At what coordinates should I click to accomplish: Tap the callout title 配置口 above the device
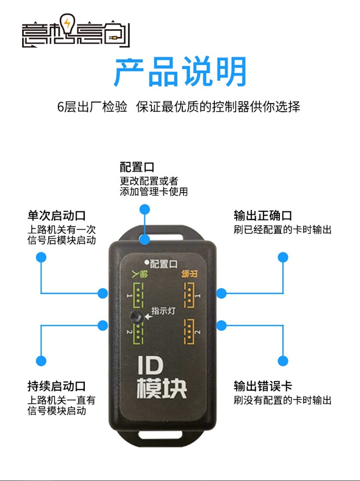coord(137,167)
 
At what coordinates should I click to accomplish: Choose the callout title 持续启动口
coord(56,386)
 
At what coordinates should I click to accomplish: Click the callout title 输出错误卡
coord(263,386)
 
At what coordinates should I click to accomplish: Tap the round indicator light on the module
coord(137,317)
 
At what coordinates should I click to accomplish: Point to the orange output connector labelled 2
coord(188,332)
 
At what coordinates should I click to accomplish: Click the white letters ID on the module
coord(151,366)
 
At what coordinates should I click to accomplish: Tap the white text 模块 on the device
coord(162,388)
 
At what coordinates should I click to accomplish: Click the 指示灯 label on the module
coord(160,310)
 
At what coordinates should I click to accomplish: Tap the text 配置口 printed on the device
coord(164,264)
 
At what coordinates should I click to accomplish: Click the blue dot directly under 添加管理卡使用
coord(145,210)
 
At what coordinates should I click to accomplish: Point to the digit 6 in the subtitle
coord(61,107)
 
